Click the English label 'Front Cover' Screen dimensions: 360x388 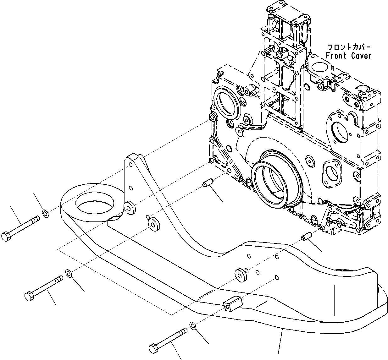click(x=344, y=56)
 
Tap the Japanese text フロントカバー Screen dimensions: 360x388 click(x=349, y=47)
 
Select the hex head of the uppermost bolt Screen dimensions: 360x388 click(x=6, y=236)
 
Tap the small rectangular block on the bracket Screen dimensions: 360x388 click(x=231, y=304)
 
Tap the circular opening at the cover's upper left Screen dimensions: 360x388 click(x=225, y=104)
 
